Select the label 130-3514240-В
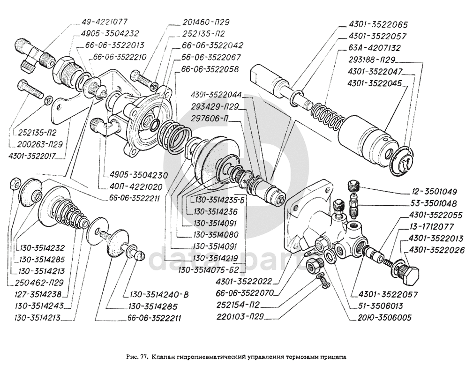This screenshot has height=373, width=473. tap(156, 295)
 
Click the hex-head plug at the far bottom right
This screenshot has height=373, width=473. tap(413, 276)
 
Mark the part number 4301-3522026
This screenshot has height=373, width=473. tap(437, 251)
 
